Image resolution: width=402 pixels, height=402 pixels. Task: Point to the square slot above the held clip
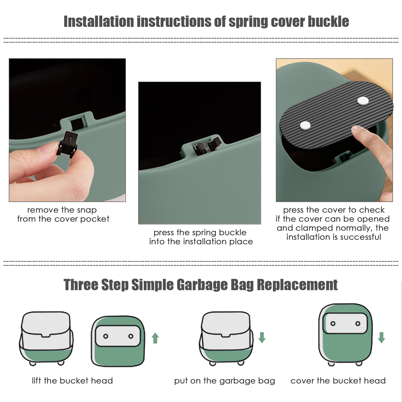coord(77,124)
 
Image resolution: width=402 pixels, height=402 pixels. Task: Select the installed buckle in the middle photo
coord(206,146)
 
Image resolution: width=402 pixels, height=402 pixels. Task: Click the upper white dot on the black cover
coord(363,101)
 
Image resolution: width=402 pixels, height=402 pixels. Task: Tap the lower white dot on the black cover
coord(305,125)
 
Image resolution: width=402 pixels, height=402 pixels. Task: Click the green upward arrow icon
coord(155,338)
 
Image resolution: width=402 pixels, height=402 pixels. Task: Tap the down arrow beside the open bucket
coord(262,337)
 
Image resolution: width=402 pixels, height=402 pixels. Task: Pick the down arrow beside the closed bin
coord(381,337)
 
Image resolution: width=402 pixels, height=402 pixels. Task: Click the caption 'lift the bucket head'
coord(72,381)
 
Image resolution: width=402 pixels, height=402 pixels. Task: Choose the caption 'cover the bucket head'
coord(338,381)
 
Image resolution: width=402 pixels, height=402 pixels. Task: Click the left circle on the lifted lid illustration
coord(106,336)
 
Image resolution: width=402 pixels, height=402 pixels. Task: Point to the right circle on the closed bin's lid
coord(358,324)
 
